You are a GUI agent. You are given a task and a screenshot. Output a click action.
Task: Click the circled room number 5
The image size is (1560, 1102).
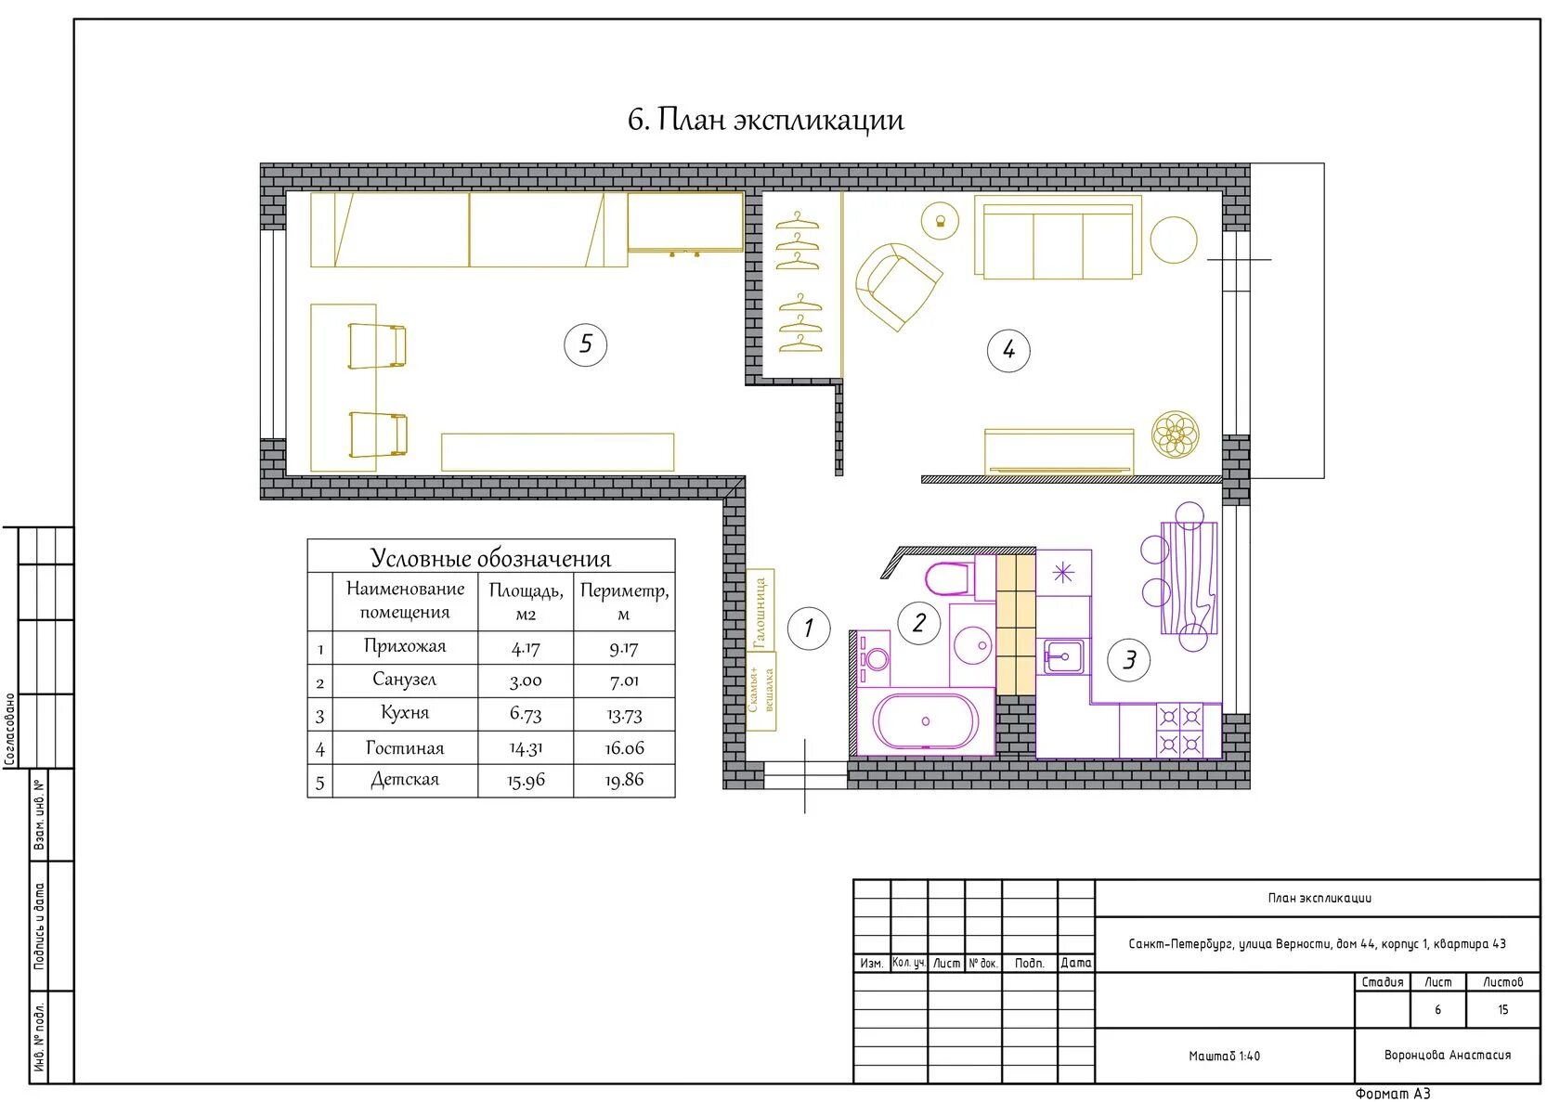(585, 344)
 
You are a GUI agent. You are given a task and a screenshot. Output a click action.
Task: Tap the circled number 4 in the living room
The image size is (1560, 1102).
(1007, 350)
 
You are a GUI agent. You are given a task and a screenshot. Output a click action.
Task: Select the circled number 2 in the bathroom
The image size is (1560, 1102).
(919, 623)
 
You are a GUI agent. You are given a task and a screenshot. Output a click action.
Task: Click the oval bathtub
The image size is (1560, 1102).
(926, 721)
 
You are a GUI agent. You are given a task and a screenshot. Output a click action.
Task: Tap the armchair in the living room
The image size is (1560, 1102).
(898, 285)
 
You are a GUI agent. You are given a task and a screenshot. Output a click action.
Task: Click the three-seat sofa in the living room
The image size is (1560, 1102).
(1058, 238)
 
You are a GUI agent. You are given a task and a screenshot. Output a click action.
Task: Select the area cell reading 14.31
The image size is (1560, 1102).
(526, 748)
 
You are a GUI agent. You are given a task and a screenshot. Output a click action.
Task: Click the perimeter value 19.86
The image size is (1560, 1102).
(624, 781)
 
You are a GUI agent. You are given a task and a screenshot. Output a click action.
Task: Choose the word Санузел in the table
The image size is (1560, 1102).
(405, 680)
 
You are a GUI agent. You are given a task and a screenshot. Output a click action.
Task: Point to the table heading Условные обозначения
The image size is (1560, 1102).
(490, 558)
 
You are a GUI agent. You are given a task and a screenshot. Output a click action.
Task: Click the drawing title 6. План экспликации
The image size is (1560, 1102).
(766, 120)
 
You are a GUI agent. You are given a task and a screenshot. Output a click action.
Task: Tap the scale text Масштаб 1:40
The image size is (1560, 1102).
(1224, 1057)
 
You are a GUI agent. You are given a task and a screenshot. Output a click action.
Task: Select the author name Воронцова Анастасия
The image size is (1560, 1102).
(1447, 1056)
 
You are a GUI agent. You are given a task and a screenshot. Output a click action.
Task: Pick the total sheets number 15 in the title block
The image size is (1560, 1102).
(1502, 1009)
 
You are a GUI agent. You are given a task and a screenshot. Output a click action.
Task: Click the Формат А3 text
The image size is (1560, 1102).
(1393, 1094)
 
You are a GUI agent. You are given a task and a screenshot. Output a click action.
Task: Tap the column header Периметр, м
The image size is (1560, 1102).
(624, 602)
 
